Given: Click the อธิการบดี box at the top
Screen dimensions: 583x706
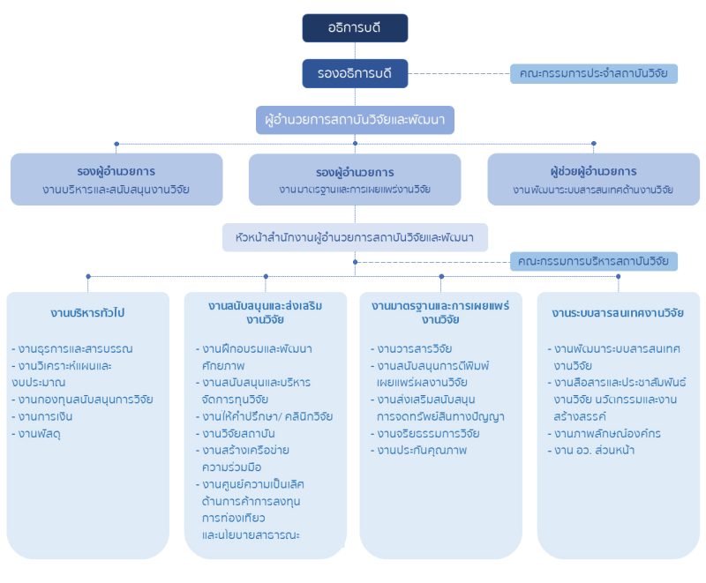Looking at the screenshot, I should point(355,28).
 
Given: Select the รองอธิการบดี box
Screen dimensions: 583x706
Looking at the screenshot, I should point(355,73).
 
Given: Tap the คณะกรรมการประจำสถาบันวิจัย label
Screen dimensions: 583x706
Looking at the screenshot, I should point(593,73).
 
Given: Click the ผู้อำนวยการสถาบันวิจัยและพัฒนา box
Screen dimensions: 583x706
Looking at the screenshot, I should point(355,119).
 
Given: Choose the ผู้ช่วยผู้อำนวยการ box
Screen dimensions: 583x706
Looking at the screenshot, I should point(593,179).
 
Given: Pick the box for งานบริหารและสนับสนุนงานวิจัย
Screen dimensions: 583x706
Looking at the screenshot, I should point(116,179).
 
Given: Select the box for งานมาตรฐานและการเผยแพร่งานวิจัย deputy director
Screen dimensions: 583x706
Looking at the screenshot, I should point(355,179).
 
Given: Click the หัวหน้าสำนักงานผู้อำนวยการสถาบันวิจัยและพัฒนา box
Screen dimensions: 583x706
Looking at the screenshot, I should point(355,237).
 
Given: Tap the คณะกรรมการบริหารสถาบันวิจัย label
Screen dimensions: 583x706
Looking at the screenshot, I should point(593,261).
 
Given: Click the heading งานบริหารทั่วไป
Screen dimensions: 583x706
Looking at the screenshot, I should point(87,313).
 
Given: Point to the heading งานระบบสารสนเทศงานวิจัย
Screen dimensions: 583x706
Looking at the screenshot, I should point(618,313).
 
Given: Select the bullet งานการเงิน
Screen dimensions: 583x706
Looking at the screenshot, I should point(41,416).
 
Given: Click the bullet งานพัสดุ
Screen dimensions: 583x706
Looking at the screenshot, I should point(36,433).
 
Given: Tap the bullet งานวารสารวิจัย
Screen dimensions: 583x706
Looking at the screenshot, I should point(414,348).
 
